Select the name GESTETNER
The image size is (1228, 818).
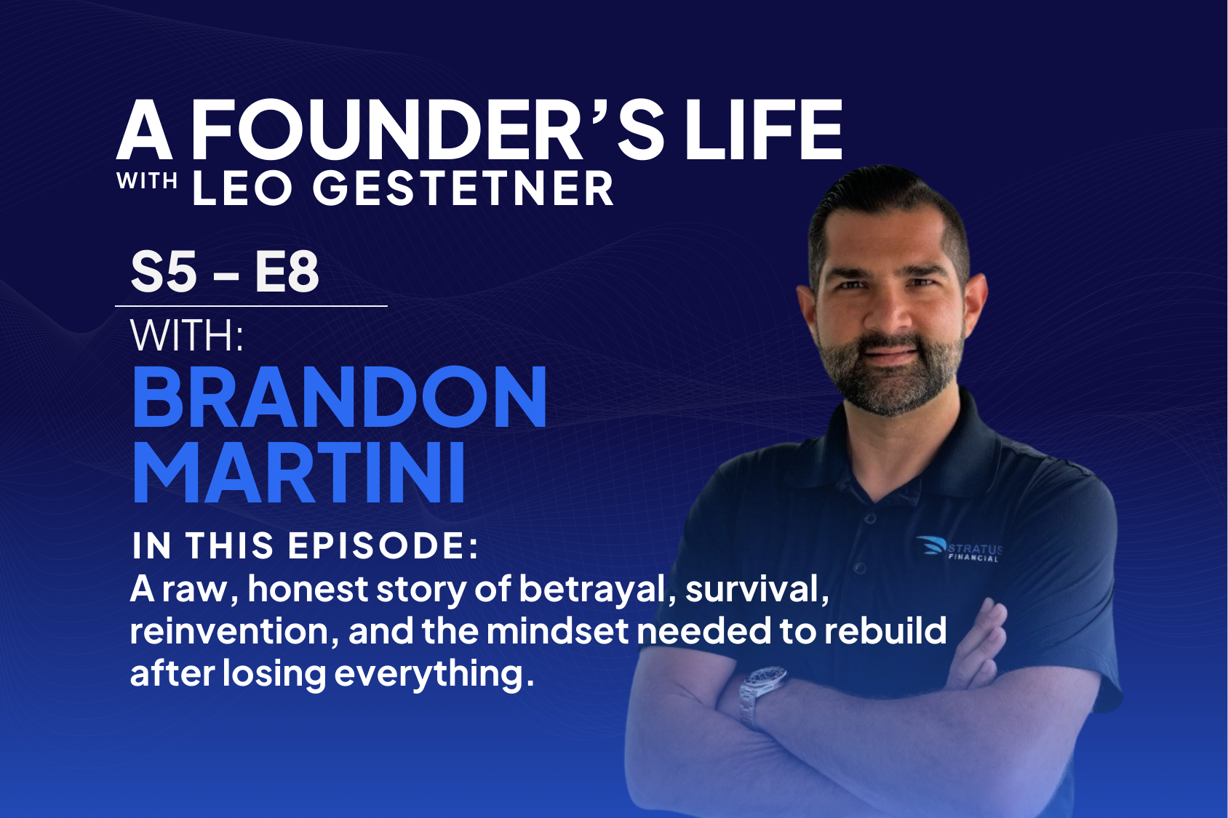point(463,189)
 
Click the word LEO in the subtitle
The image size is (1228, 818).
point(242,189)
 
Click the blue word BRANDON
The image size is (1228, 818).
point(339,398)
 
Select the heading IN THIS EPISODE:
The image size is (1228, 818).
point(306,545)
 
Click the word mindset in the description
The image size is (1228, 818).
point(557,631)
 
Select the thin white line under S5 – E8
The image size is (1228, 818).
point(251,306)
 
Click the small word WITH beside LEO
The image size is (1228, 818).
point(148,181)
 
